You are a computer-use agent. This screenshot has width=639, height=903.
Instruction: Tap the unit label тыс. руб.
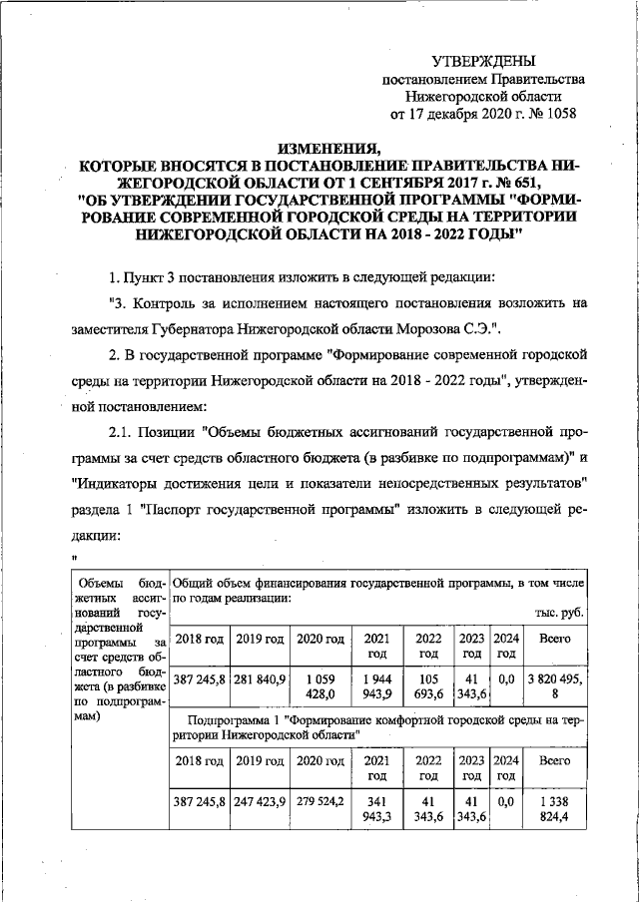pyautogui.click(x=560, y=613)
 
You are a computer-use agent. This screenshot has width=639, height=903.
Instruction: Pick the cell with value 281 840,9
pyautogui.click(x=260, y=679)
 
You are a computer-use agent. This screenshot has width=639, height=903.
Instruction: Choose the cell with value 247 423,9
pyautogui.click(x=260, y=800)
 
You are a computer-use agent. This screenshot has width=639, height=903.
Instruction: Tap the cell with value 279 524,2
pyautogui.click(x=319, y=800)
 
